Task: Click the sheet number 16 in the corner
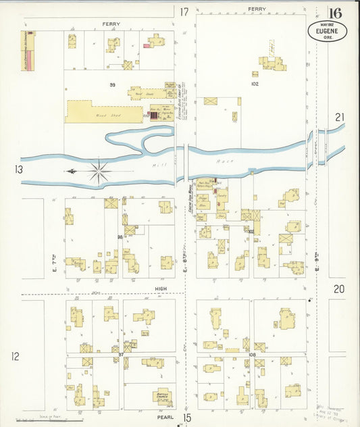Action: [334, 13]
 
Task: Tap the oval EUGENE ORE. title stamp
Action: [328, 31]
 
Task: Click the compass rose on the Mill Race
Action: [99, 171]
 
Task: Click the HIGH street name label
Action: [161, 288]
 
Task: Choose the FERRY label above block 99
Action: [111, 24]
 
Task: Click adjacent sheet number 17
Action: [184, 11]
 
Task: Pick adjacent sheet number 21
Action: [340, 118]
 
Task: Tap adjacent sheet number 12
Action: [15, 356]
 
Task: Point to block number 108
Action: [252, 354]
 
